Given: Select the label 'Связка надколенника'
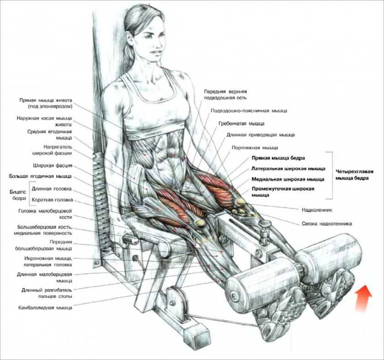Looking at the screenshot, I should coord(326,224).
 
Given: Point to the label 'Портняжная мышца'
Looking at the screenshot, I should coord(255,148).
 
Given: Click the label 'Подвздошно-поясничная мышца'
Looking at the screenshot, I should coord(249,111).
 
